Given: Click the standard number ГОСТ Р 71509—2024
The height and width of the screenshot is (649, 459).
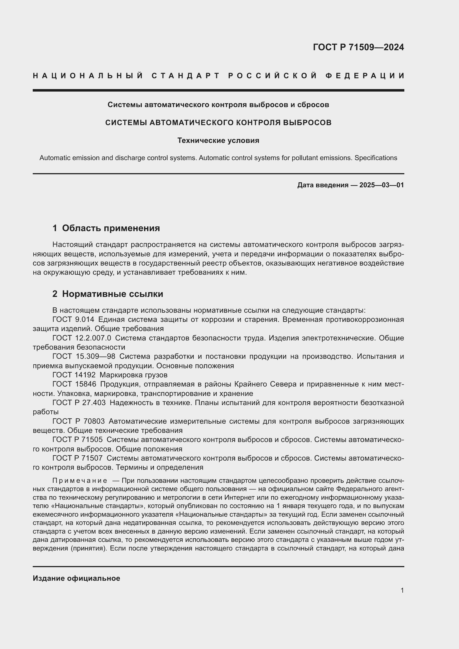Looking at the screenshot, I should (x=358, y=47).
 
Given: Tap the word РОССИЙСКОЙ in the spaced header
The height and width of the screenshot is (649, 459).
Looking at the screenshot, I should (x=273, y=76).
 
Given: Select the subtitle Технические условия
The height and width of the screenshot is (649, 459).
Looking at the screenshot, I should (x=218, y=140).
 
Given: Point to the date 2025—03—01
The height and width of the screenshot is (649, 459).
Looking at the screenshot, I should (x=382, y=185).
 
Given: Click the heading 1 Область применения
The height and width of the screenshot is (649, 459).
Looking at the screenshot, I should (x=106, y=228).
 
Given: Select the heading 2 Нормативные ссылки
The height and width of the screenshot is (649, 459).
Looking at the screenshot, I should (x=108, y=294).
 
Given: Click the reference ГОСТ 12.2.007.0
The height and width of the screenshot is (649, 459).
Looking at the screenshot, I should (x=82, y=338).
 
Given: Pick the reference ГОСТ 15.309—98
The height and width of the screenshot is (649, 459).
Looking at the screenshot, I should (x=84, y=357).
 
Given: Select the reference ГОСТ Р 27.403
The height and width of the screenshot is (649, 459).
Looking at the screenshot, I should (x=79, y=403).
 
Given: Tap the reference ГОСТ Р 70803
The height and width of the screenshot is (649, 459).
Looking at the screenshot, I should (x=78, y=421).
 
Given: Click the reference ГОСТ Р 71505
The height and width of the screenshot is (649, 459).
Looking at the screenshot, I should (x=77, y=440).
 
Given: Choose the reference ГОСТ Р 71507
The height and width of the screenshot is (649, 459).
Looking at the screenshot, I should (x=77, y=458).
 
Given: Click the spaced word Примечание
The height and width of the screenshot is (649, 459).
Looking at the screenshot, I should (x=80, y=481).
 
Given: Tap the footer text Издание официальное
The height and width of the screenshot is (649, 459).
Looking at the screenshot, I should (x=76, y=578).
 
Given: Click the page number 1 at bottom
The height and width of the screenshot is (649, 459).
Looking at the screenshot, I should (x=402, y=590).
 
